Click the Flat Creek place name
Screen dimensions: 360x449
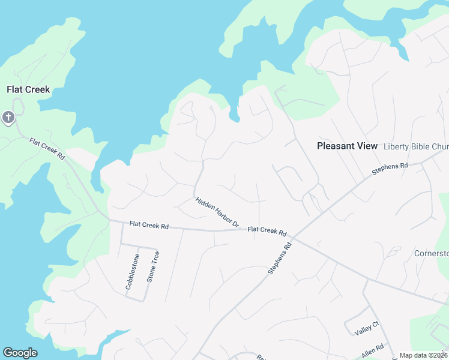(x=28, y=90)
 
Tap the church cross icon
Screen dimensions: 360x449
(x=8, y=117)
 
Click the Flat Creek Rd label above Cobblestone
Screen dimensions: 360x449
(x=149, y=226)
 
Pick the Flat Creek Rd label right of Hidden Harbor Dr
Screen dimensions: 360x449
(x=267, y=230)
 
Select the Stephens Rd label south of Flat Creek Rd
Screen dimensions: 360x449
(x=280, y=259)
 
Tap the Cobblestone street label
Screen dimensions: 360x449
(x=132, y=272)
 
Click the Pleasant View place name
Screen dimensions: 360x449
(x=347, y=146)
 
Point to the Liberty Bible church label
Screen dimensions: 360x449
(x=415, y=146)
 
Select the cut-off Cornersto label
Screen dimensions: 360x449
(x=431, y=253)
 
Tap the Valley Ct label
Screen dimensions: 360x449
(x=367, y=329)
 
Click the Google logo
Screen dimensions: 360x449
(x=20, y=353)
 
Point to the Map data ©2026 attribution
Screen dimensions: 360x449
(x=423, y=355)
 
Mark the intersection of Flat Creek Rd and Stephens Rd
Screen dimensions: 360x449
(x=294, y=236)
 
